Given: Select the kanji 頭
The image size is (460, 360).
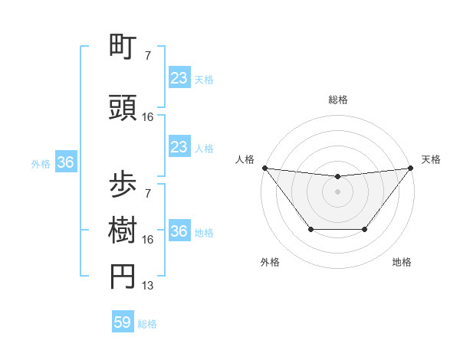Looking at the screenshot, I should tap(123, 108).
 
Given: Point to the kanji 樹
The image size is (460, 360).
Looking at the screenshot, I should tap(123, 230).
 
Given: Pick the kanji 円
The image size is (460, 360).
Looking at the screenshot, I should tap(123, 277).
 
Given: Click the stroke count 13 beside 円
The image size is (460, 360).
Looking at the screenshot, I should tap(148, 286).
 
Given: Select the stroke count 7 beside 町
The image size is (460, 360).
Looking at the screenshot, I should tap(148, 56).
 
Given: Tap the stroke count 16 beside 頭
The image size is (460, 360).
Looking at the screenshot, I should tap(148, 117).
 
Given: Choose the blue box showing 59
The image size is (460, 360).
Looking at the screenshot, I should tap(123, 322).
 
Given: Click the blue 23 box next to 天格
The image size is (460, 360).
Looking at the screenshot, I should tap(179, 78).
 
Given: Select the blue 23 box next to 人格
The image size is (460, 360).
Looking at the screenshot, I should tap(179, 147).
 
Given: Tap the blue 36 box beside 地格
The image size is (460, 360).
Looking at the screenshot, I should tap(179, 231).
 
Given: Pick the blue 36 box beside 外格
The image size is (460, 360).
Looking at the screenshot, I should tap(65, 162).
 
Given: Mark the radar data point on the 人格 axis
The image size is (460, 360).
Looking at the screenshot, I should tap(264, 168).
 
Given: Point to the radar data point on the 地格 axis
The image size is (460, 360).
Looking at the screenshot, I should tap(365, 229).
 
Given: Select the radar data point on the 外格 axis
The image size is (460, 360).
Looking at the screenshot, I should tap(310, 229).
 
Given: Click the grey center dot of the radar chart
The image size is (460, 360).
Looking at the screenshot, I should tap(337, 191).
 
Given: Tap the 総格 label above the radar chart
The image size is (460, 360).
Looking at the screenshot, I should tap(338, 100).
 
